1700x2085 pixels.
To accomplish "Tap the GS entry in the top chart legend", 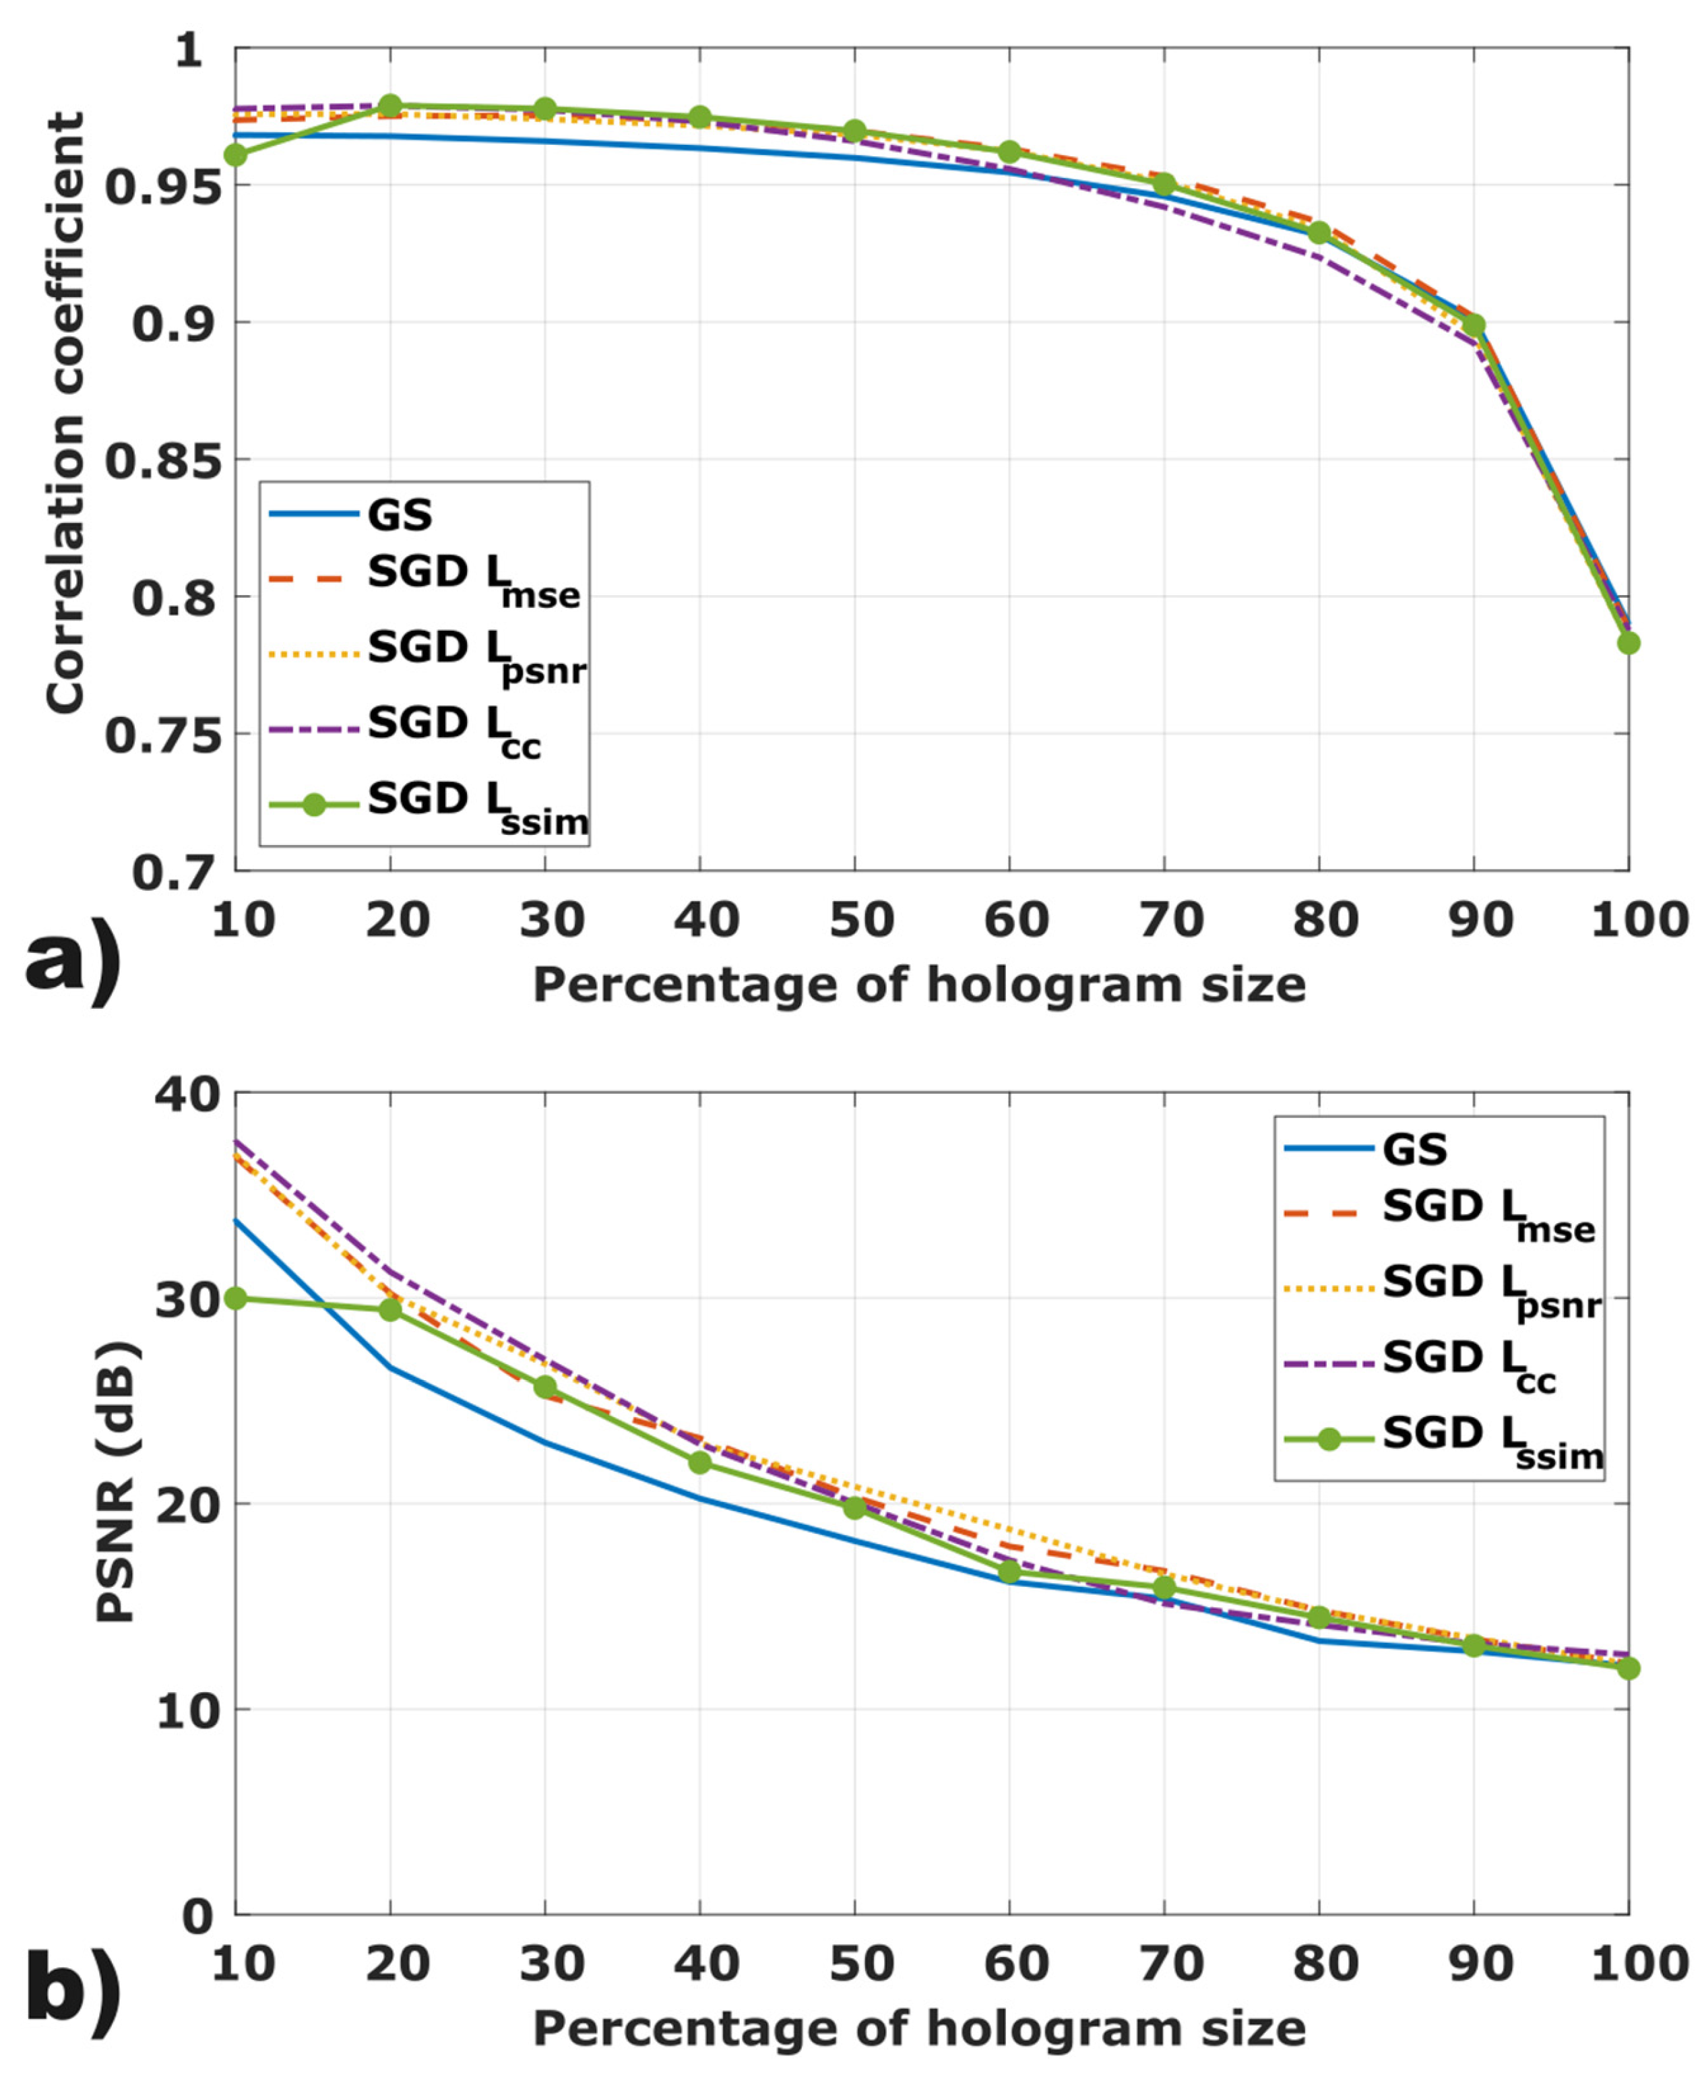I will (x=400, y=515).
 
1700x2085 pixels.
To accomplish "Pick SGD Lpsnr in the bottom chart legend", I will (x=1490, y=1288).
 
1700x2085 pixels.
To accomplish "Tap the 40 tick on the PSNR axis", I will (x=184, y=1094).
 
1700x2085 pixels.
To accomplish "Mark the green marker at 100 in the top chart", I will (x=1627, y=644).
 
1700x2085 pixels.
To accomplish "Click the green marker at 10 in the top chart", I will (x=236, y=155).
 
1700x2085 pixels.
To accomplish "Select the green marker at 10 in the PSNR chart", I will (x=236, y=1299).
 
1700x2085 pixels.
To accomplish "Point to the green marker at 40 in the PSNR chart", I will (x=700, y=1462).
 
